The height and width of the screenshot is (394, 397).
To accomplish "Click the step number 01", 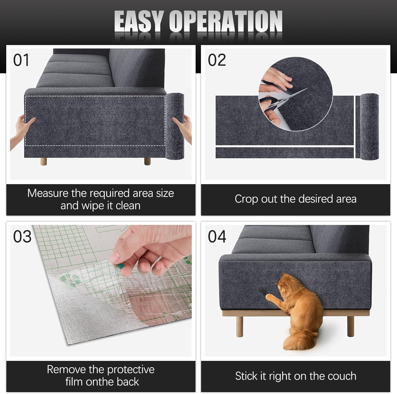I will point(21,60).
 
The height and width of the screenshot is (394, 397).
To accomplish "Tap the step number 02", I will point(217,60).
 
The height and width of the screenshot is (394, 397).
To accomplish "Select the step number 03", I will point(22,236).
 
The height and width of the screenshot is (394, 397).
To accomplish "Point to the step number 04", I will point(217,236).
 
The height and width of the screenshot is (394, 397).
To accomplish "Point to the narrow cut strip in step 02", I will point(285,153).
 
